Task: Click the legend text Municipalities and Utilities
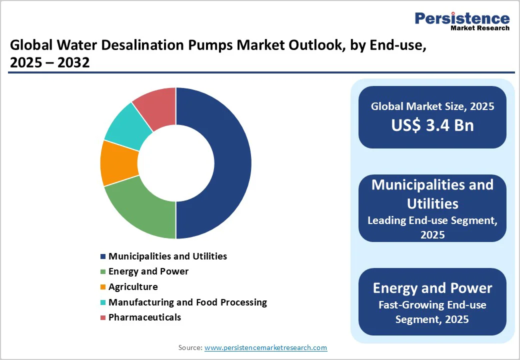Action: pos(167,256)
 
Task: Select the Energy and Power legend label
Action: pos(148,271)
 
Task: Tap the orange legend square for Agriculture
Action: pos(103,287)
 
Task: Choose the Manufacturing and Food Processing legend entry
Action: pos(187,302)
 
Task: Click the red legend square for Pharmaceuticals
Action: pos(103,317)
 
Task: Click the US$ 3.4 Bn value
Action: pos(432,125)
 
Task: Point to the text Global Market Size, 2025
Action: pos(432,106)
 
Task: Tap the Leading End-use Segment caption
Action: pos(432,227)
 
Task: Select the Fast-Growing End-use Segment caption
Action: pos(432,311)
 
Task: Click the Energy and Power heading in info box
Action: pos(432,288)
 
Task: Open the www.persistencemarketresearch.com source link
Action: pos(265,347)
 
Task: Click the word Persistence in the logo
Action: pos(462,18)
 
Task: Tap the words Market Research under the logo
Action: pos(480,28)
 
